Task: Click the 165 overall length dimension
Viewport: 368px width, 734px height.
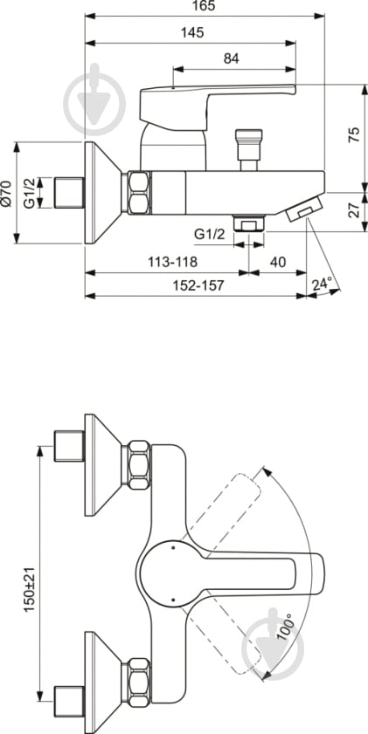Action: (205, 7)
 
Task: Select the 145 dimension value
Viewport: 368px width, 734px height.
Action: (192, 33)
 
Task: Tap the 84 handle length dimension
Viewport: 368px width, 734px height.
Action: (231, 58)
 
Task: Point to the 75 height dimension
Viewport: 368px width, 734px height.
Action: (352, 134)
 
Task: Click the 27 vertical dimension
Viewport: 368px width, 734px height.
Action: (352, 211)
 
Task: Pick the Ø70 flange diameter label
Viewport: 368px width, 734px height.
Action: (7, 193)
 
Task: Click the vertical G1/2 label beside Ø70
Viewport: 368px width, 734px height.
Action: (29, 193)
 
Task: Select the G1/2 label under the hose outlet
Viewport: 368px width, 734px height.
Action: (209, 234)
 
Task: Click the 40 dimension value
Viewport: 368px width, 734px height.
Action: (278, 261)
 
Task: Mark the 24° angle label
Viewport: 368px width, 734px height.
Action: (323, 284)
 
